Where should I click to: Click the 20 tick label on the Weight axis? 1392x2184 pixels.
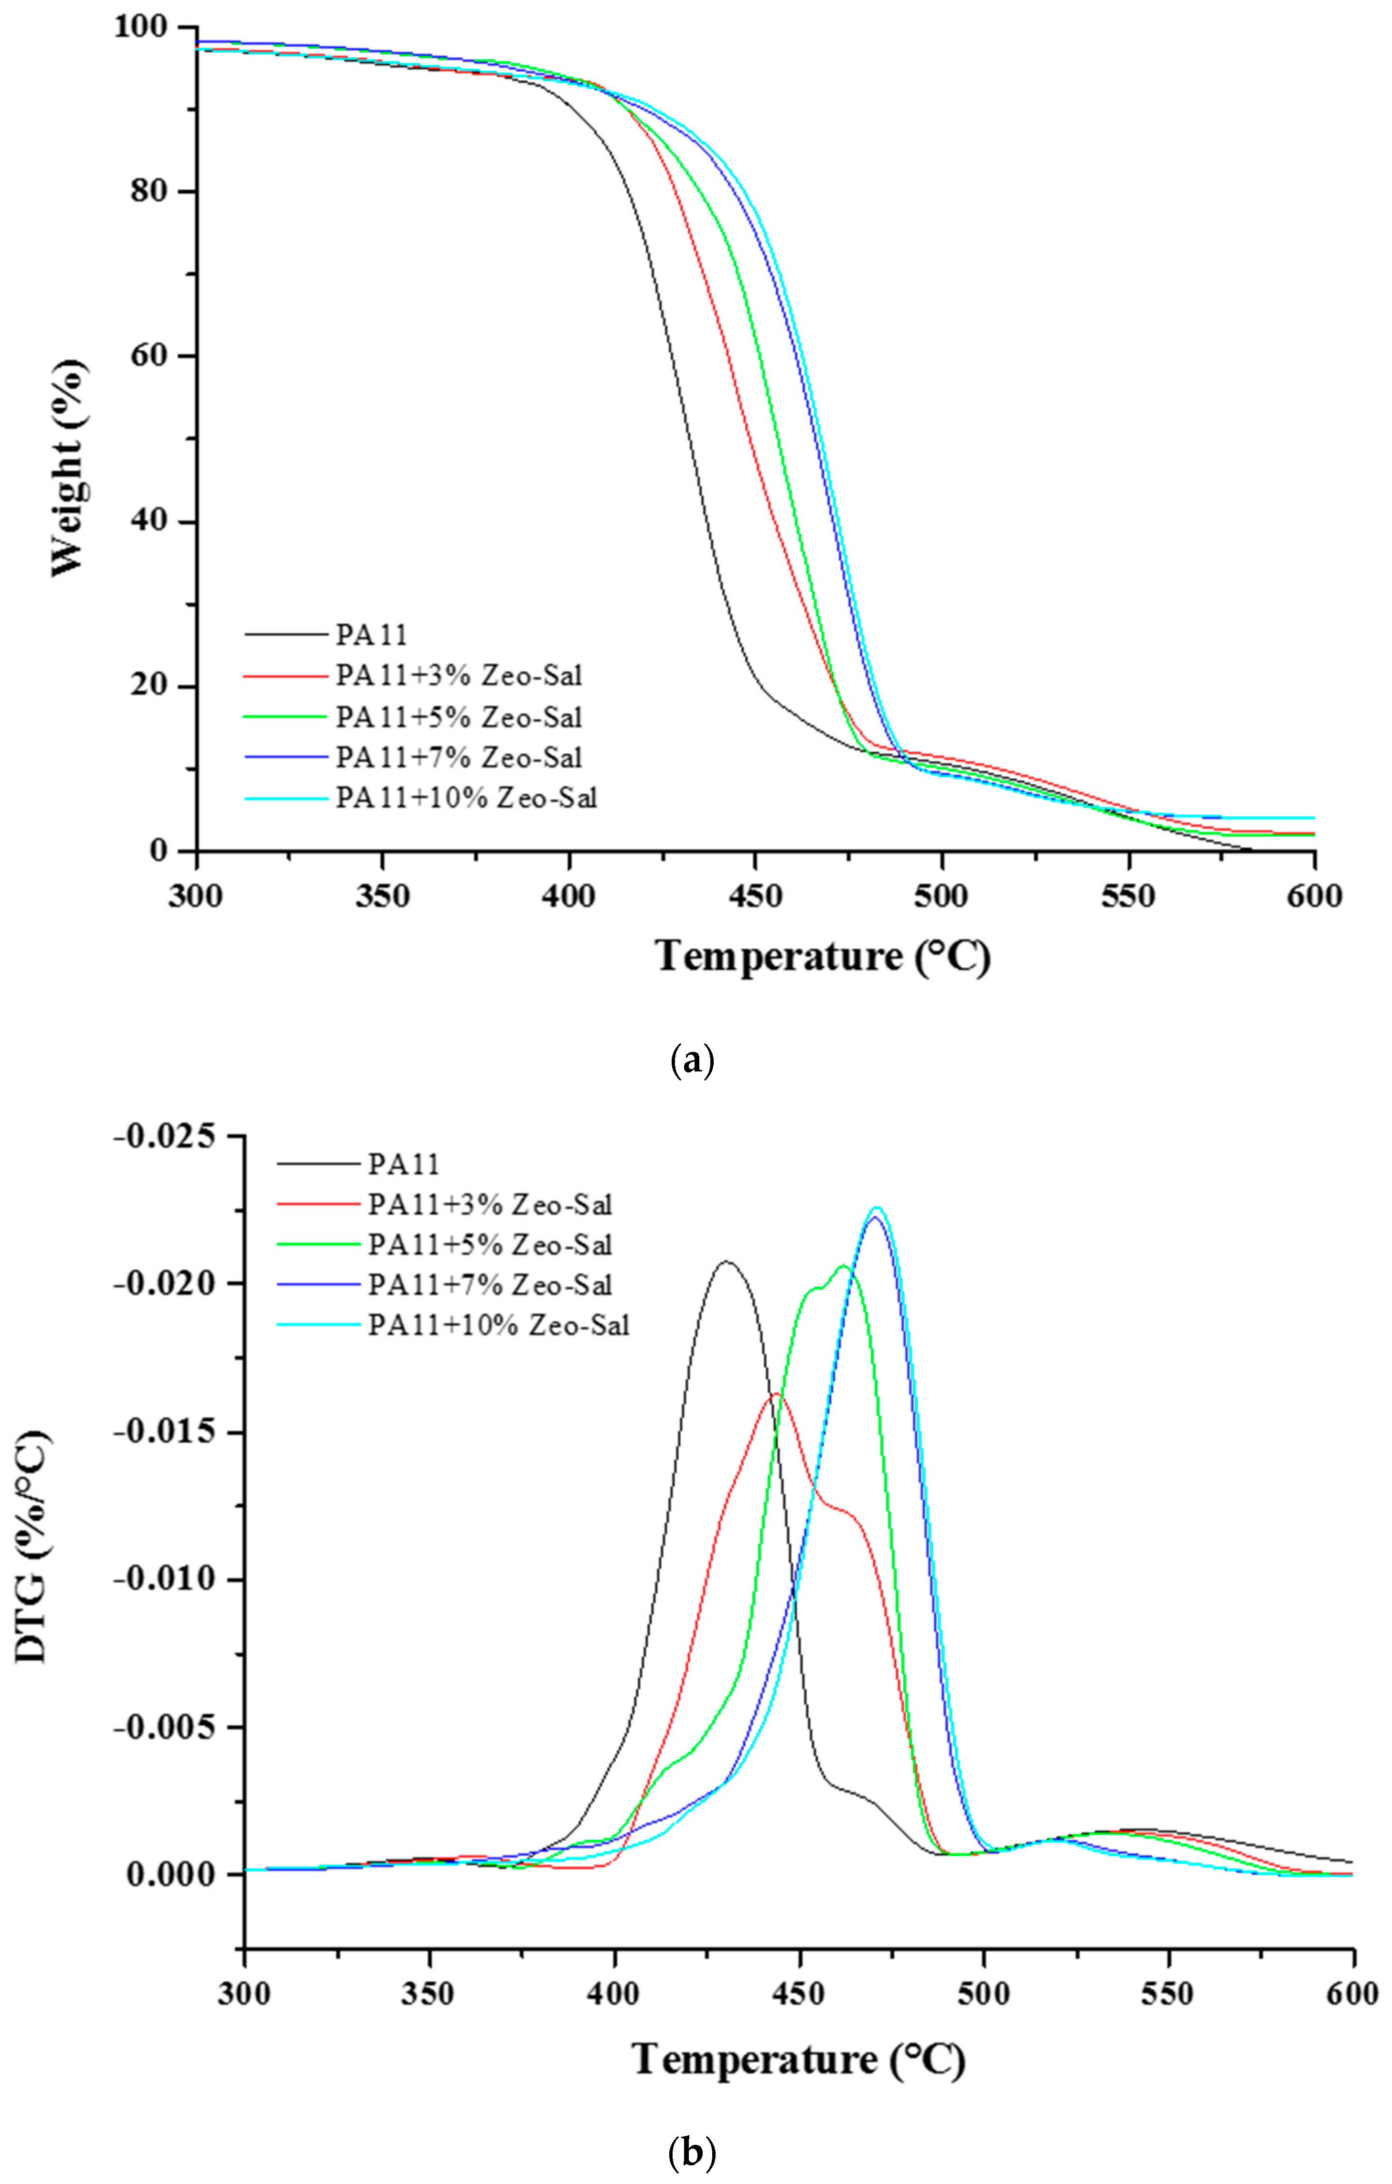point(154,687)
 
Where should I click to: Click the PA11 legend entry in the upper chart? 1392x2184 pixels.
point(372,634)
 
